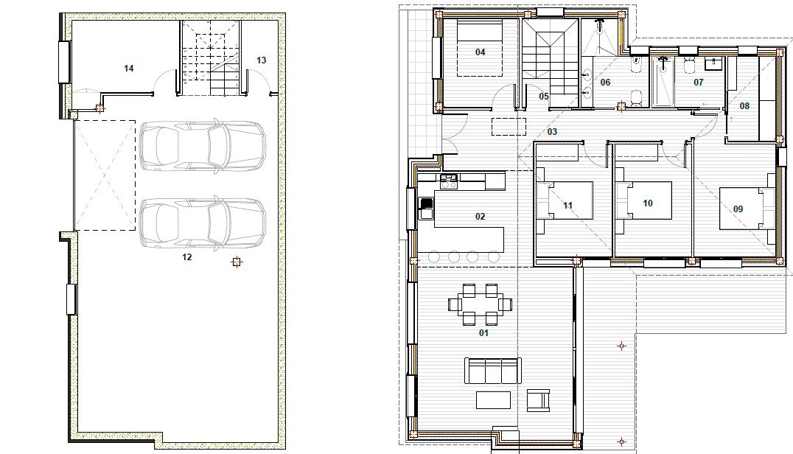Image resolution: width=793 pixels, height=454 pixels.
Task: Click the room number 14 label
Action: tap(128, 69)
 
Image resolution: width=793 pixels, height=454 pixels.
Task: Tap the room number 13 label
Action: tap(261, 60)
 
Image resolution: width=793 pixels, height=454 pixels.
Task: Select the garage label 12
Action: tap(187, 256)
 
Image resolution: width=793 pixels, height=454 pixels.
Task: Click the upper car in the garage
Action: tap(203, 145)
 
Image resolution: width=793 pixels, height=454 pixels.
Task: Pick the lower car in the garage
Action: tap(203, 223)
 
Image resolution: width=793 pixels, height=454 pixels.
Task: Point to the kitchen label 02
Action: tap(480, 217)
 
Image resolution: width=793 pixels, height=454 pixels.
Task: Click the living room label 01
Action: tap(483, 332)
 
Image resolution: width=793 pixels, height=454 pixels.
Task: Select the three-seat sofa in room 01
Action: tap(492, 371)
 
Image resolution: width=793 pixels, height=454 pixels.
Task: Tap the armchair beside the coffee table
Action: tap(538, 399)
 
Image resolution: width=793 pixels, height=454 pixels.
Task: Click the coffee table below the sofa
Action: tap(493, 400)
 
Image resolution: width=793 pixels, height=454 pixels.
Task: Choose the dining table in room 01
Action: tap(480, 305)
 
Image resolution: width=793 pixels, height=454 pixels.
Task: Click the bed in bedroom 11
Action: tap(565, 200)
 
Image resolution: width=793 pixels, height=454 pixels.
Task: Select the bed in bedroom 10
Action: tap(644, 200)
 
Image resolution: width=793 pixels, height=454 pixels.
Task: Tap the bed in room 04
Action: tap(480, 48)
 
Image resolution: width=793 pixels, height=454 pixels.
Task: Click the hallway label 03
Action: tap(552, 131)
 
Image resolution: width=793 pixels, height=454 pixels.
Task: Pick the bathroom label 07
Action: tap(699, 82)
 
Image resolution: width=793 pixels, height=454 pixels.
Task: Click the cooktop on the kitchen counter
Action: tap(449, 181)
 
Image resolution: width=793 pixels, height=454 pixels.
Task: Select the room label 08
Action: tap(744, 105)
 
